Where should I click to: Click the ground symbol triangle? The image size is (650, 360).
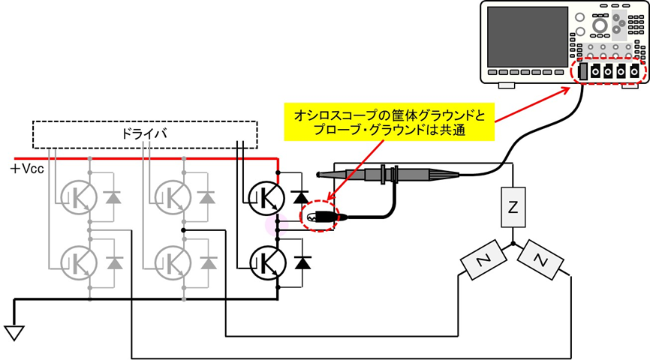[13, 331]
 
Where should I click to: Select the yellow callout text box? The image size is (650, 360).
[390, 124]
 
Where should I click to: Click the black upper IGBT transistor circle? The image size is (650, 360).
[265, 197]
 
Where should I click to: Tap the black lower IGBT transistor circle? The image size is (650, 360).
[265, 261]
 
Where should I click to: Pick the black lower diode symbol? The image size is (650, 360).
[302, 262]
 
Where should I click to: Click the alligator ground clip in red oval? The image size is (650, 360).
[322, 217]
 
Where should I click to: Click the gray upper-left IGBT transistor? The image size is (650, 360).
[78, 197]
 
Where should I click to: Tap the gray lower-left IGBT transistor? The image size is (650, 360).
[78, 260]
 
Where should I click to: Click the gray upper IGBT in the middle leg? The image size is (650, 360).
[172, 197]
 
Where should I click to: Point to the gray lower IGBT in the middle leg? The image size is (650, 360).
[172, 260]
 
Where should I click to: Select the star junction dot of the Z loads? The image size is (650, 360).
[513, 244]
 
